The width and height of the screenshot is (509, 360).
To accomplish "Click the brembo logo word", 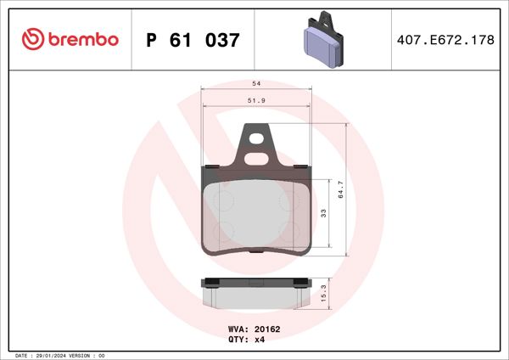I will (81, 39).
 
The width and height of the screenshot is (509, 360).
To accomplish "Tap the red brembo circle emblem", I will (32, 39).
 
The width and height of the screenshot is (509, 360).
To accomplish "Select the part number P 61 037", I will (193, 39).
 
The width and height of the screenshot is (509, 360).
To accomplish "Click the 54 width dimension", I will (256, 84).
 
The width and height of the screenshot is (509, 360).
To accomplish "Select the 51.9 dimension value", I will (256, 101).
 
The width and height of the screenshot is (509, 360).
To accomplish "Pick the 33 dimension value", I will (322, 213).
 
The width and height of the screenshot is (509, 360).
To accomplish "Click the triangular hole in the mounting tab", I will (256, 140).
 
